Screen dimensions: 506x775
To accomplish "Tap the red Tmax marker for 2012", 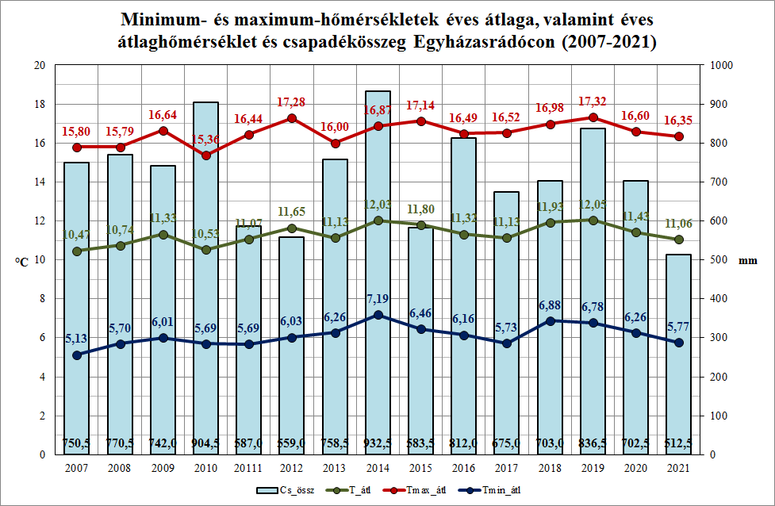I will coord(292,118).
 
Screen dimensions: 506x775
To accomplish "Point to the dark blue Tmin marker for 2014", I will coord(378,315).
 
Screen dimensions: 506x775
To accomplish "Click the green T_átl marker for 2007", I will coord(77,251).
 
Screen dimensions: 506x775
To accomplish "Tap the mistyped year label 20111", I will coord(248,468).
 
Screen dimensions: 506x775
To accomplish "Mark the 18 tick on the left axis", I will coord(38,105).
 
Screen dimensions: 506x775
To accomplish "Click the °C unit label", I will coord(21,261).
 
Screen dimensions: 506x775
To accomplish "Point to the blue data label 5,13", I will coord(77,339).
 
